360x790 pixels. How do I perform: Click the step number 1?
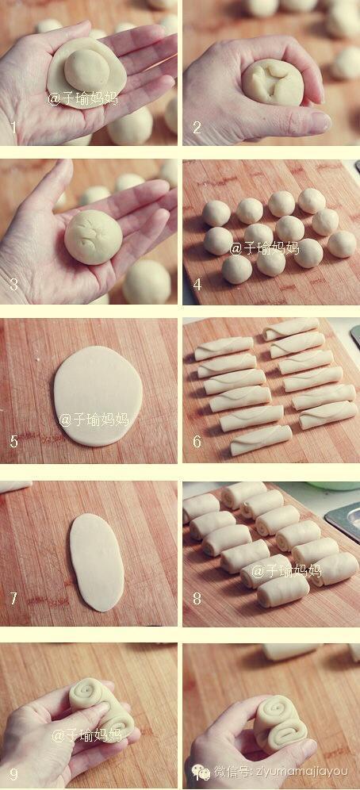coord(13,127)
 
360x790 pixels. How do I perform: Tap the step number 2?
coord(197,127)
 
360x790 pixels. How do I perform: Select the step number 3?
coord(13,285)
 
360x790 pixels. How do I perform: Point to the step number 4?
coord(197,285)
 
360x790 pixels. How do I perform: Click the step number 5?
coord(13,442)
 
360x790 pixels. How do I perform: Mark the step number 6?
coord(197,442)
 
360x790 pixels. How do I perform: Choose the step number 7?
coord(13,599)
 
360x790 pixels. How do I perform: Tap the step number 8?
coord(197,599)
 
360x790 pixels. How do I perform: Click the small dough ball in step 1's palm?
coord(86,70)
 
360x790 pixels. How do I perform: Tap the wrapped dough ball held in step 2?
coord(273,82)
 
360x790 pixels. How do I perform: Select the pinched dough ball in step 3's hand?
coord(94,237)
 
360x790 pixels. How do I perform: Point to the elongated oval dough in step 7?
coord(97,562)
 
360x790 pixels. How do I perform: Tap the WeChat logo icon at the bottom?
coord(201,771)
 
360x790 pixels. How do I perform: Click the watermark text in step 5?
coord(94,419)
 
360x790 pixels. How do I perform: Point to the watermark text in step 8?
coord(286,570)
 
